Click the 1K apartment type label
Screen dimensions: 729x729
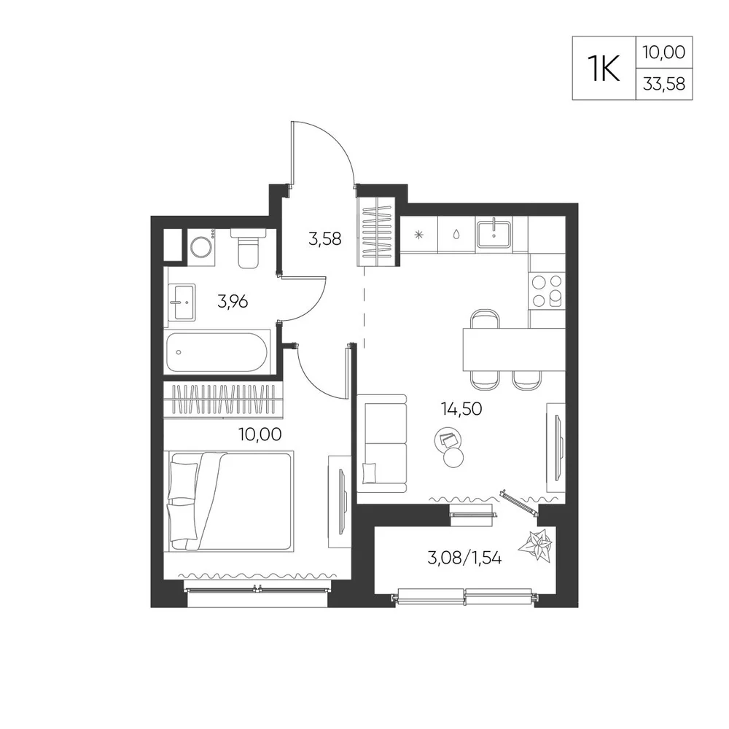[604, 69]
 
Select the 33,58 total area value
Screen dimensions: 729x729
[664, 84]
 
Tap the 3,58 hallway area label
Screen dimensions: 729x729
[324, 239]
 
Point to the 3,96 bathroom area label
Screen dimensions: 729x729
[233, 302]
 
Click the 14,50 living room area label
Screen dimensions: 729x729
[461, 409]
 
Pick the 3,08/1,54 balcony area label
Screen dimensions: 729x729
[464, 558]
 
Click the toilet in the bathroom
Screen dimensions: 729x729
[249, 248]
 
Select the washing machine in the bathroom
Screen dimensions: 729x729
[201, 247]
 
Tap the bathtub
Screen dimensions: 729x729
[217, 352]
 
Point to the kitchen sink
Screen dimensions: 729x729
[494, 234]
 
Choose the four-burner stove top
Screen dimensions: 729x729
[547, 291]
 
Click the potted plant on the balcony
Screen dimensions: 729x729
[536, 545]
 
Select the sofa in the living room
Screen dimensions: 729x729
[382, 443]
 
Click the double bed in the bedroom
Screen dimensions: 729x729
[229, 502]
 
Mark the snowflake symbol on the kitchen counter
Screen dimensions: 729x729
[419, 235]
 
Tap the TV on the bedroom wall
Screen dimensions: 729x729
[343, 502]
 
